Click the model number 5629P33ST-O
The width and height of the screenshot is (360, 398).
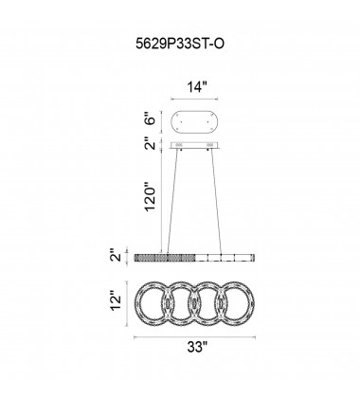tap(180, 44)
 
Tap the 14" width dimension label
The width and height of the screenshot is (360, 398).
tap(197, 87)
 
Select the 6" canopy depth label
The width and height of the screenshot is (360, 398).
tap(152, 120)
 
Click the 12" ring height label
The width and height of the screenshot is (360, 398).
tap(117, 303)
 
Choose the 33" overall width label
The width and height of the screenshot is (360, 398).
tap(197, 348)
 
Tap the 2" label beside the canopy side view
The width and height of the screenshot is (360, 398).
tap(152, 145)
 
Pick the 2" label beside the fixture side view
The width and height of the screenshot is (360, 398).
tap(117, 255)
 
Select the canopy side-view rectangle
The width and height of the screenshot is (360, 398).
tap(194, 145)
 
